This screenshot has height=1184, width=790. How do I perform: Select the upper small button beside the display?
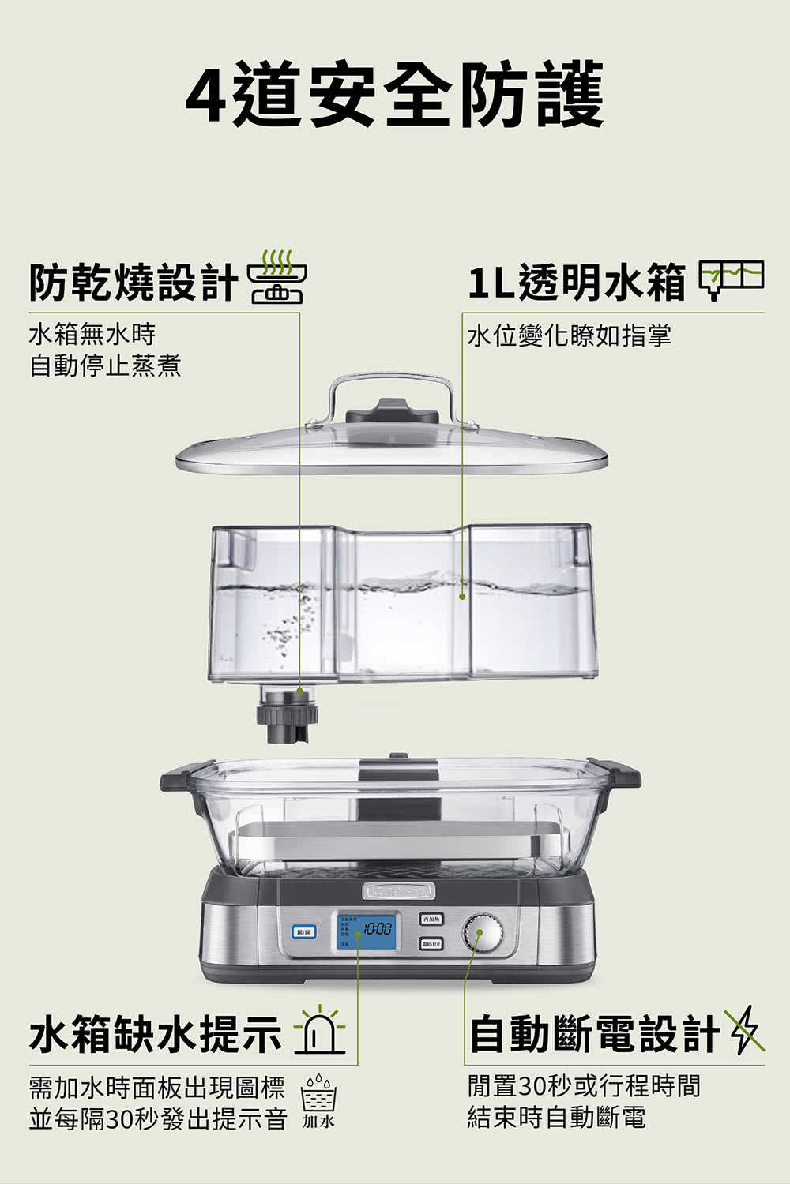click(431, 919)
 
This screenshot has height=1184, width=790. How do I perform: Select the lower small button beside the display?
click(431, 944)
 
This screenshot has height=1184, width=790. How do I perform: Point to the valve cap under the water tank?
click(286, 715)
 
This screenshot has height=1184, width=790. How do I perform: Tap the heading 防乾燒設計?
click(133, 283)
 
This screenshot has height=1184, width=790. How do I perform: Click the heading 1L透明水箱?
click(576, 283)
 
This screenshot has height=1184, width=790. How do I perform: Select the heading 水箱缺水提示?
click(155, 1035)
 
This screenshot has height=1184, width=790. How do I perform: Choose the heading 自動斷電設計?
click(594, 1035)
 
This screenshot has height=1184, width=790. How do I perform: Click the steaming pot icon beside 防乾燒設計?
click(276, 278)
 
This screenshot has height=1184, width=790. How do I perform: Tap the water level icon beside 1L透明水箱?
click(731, 278)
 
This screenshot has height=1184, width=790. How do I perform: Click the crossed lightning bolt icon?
click(744, 1030)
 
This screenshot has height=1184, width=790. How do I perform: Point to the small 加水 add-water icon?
click(319, 1100)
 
